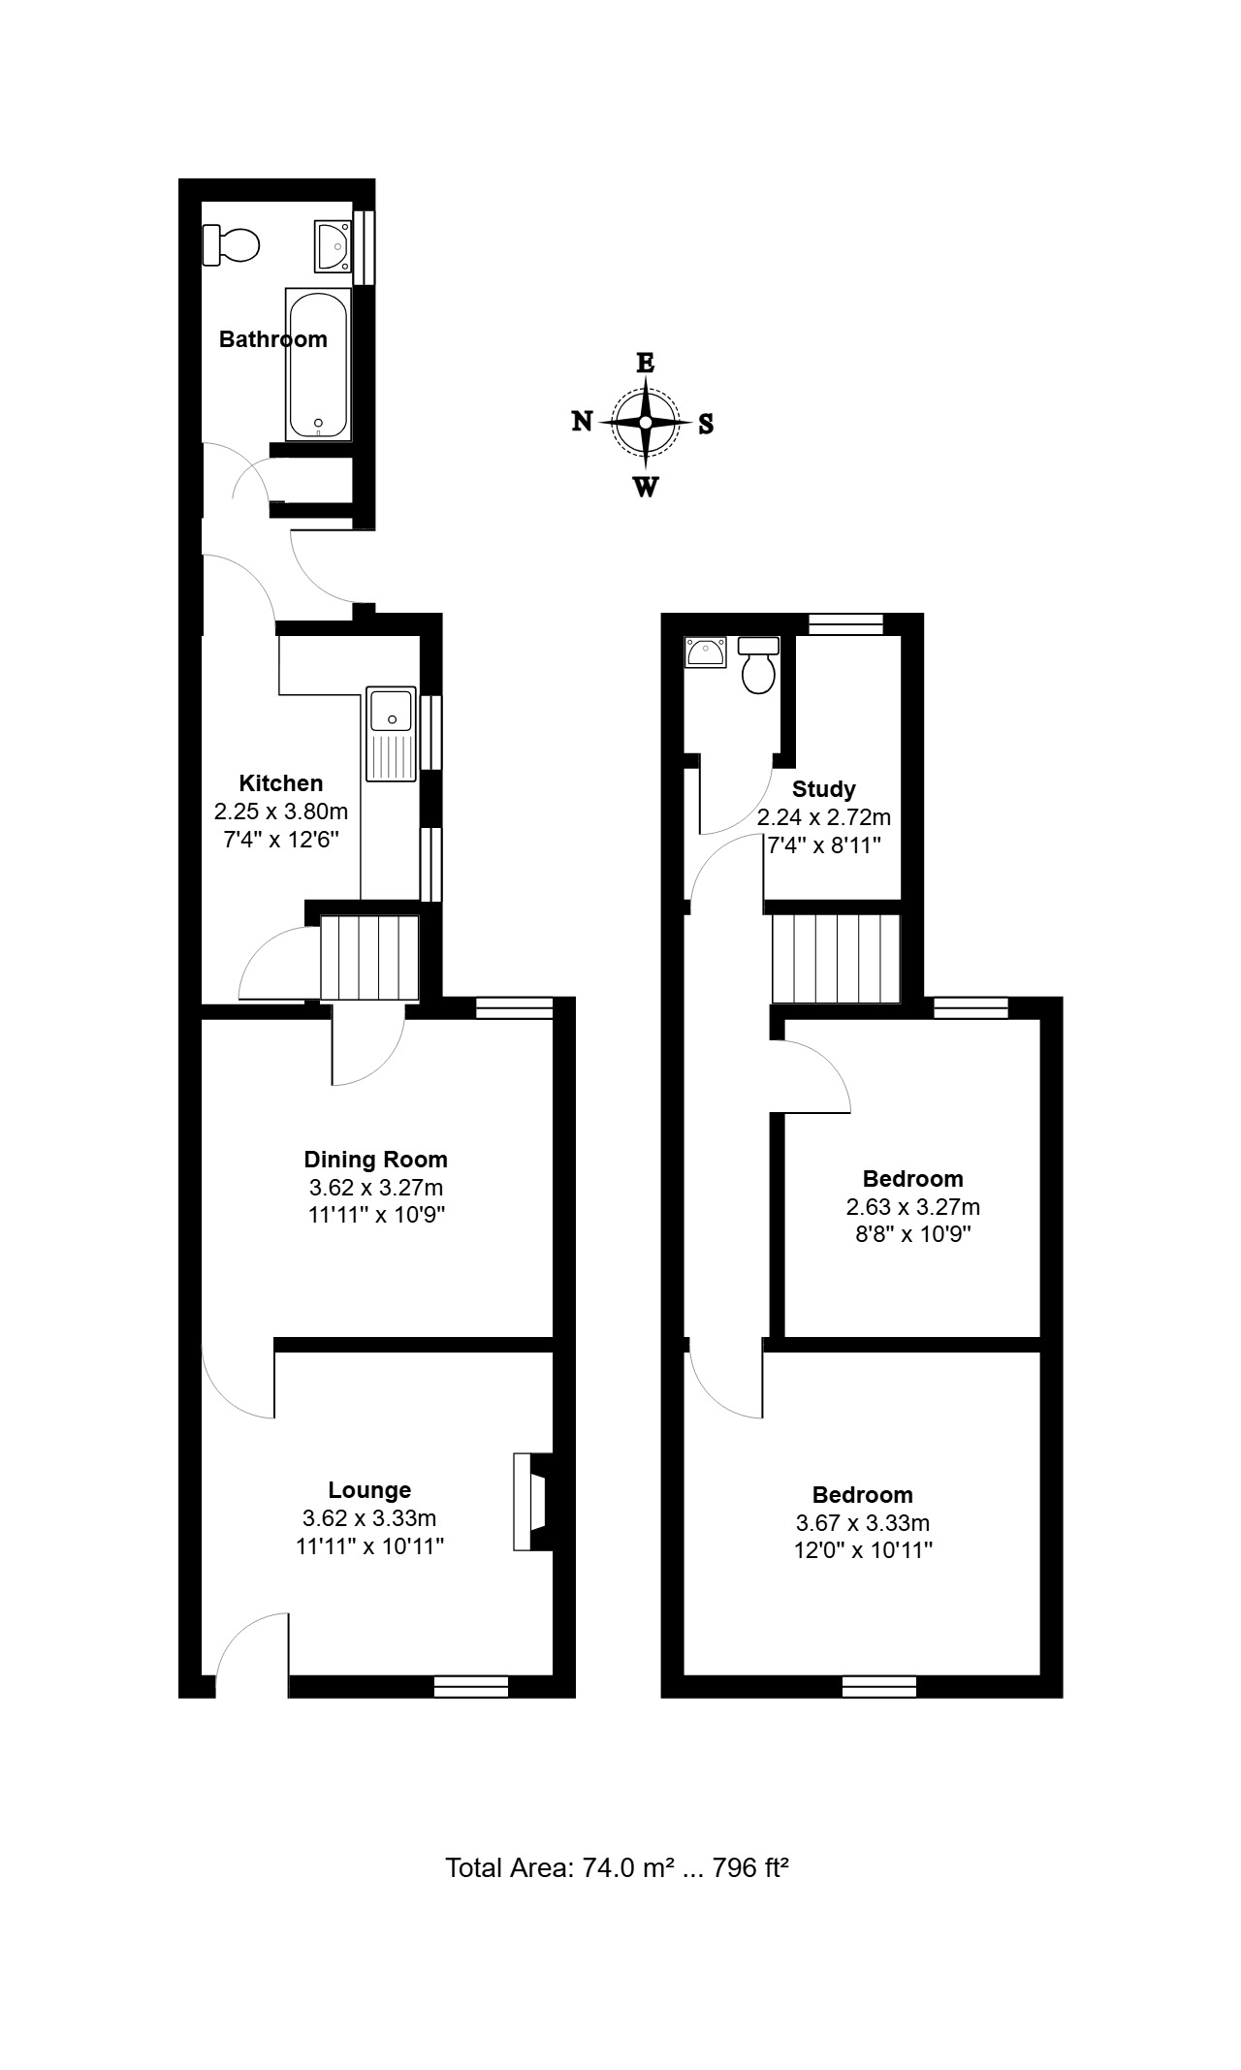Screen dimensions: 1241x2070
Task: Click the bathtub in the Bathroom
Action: click(x=318, y=364)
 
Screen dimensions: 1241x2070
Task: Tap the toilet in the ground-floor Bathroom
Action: click(x=232, y=244)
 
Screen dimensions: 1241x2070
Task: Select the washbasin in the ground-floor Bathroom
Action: click(x=333, y=245)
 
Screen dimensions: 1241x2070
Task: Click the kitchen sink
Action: click(x=391, y=734)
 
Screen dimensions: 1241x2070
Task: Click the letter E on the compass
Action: click(x=645, y=363)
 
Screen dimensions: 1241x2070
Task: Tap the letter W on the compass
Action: click(x=645, y=487)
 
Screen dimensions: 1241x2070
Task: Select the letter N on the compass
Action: click(x=582, y=421)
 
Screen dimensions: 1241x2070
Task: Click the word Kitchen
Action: click(x=281, y=783)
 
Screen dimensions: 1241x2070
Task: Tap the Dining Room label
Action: click(x=376, y=1160)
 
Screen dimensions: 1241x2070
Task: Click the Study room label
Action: click(x=824, y=789)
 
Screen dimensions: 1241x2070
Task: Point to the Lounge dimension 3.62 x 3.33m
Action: click(x=369, y=1518)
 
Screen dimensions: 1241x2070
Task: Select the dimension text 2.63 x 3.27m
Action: click(x=913, y=1207)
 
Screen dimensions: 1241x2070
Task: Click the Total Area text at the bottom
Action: click(x=617, y=1867)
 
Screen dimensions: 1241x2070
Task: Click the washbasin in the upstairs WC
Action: click(x=705, y=653)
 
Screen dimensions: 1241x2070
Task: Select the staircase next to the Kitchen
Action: click(x=369, y=958)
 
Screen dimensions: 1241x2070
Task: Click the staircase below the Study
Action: click(x=837, y=959)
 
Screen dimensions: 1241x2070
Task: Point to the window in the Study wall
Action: click(x=846, y=624)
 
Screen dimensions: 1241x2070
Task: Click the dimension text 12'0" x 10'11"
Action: click(x=863, y=1550)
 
